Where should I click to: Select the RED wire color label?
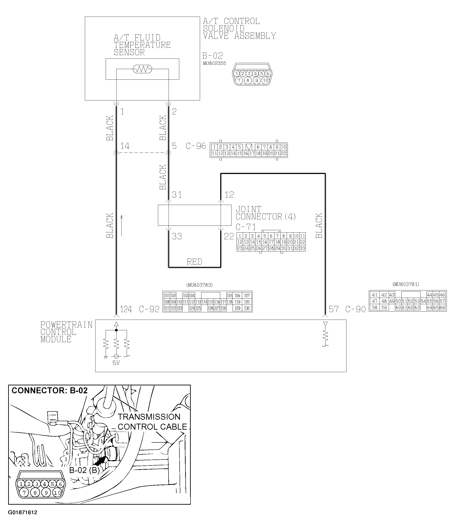click(x=194, y=262)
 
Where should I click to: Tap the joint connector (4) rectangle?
click(x=194, y=215)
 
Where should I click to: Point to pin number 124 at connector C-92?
click(x=126, y=309)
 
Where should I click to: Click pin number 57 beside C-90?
click(x=334, y=309)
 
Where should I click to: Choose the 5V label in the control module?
click(x=116, y=363)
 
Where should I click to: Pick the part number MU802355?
click(x=214, y=63)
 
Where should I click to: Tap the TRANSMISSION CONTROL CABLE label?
click(x=152, y=422)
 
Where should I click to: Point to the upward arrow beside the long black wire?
click(x=122, y=226)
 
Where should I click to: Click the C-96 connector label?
click(x=196, y=146)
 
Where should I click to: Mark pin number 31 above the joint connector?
click(x=177, y=195)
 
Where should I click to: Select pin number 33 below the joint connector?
click(x=177, y=236)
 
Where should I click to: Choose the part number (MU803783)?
click(x=200, y=285)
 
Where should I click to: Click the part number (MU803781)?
click(x=406, y=284)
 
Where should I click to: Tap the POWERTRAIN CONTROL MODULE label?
click(x=66, y=332)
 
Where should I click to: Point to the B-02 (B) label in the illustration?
click(x=84, y=470)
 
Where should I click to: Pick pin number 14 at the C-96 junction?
click(x=125, y=146)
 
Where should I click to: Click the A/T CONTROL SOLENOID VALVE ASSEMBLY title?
click(x=239, y=29)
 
